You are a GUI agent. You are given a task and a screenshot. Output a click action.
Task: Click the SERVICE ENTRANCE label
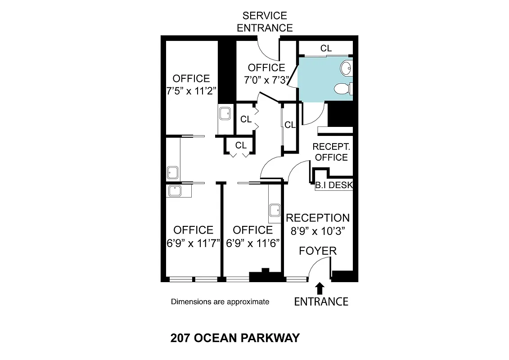265,22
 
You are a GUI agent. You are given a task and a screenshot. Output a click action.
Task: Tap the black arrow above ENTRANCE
320,288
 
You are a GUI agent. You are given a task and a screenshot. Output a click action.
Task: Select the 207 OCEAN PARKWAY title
235,338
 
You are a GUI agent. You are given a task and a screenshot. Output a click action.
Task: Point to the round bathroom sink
346,68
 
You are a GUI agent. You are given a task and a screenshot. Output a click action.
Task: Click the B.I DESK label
334,185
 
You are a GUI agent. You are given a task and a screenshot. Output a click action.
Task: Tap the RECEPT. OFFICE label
331,152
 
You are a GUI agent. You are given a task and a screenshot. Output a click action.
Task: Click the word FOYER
318,251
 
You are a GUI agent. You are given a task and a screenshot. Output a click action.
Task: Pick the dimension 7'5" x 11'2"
191,90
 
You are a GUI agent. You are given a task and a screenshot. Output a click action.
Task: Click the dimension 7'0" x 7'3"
266,80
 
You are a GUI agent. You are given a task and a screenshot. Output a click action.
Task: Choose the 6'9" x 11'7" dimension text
193,243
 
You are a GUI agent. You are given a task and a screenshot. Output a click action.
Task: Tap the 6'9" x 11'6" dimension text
252,243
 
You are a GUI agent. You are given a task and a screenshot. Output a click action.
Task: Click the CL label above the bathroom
326,48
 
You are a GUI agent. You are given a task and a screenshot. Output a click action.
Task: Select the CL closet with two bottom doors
241,145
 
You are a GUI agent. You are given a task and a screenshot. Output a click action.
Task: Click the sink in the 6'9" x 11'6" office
274,211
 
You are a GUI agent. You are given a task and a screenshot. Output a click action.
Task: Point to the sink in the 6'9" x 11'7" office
174,191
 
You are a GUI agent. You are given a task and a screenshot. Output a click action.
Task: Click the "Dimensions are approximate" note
220,301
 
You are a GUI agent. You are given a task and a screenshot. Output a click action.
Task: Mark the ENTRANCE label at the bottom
321,301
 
